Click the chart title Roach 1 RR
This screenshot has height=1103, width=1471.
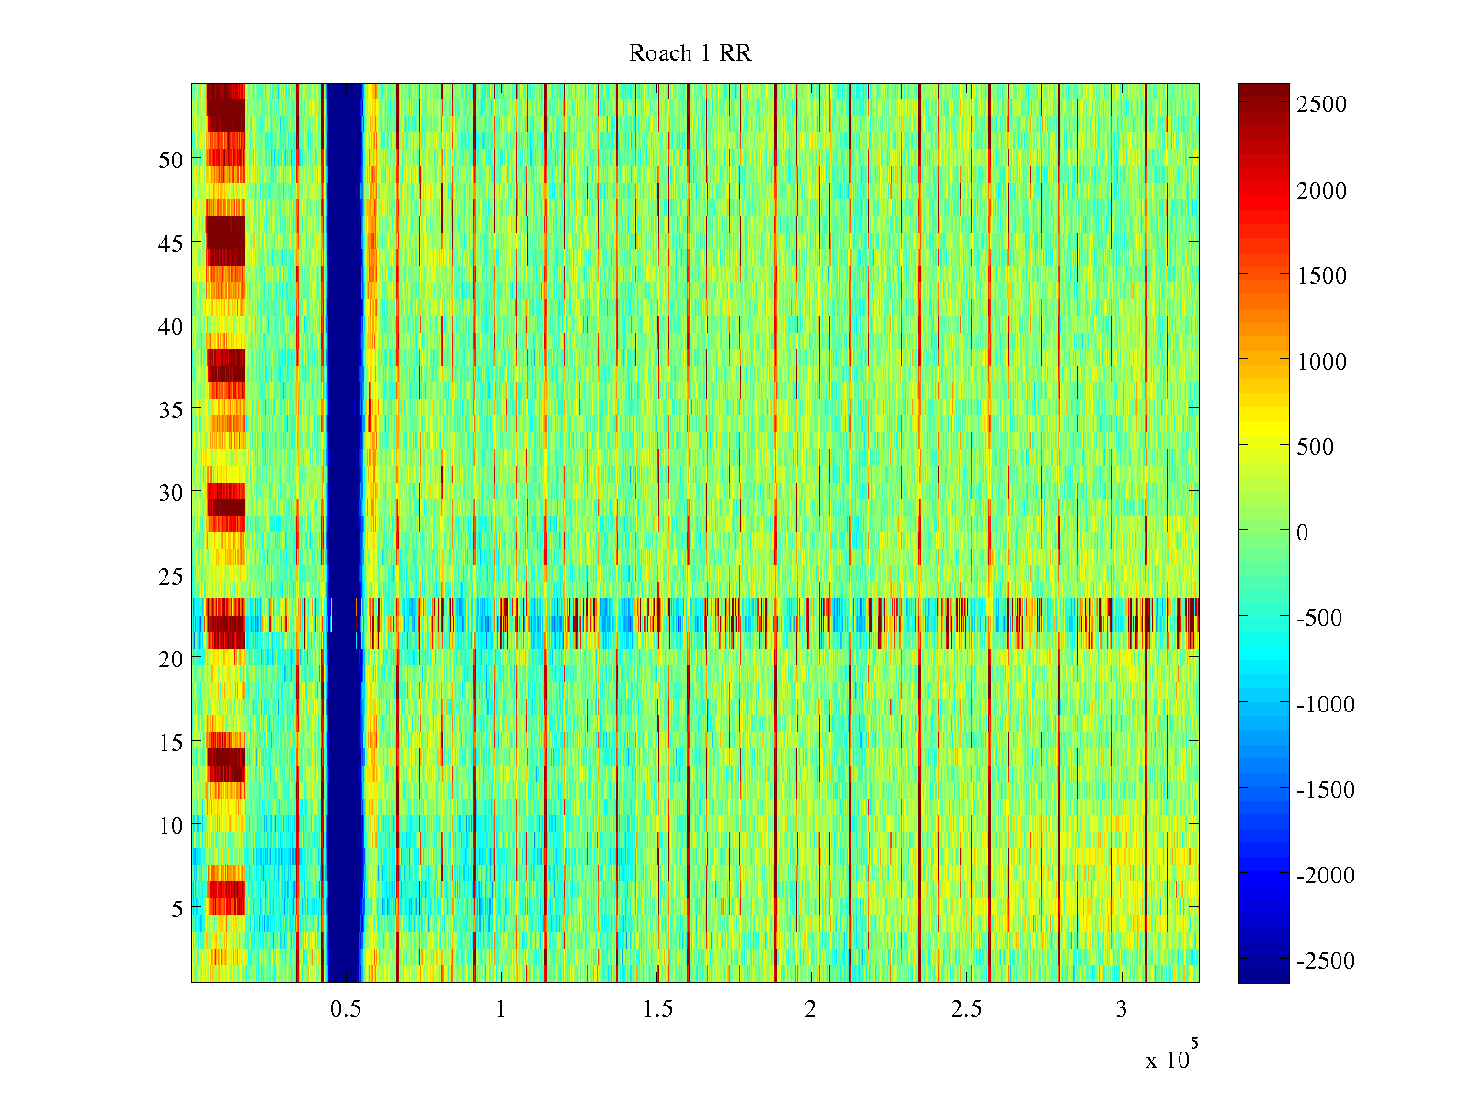click(690, 53)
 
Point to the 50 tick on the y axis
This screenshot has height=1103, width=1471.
click(171, 159)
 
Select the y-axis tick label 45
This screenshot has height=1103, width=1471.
click(171, 243)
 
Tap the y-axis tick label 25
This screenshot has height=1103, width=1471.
click(171, 575)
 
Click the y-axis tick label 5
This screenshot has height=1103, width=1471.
click(177, 908)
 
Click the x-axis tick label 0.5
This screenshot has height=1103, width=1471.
click(346, 1009)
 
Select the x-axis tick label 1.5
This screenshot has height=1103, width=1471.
click(657, 1009)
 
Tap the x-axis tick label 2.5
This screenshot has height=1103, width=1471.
click(966, 1009)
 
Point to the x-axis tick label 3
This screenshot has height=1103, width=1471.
click(1122, 1009)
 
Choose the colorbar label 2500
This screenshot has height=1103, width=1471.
click(1321, 104)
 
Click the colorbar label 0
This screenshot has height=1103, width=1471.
click(1302, 532)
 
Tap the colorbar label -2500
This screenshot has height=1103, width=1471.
click(1325, 961)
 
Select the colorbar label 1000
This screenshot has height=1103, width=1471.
click(1321, 361)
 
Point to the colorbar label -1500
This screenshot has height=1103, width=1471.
click(1325, 790)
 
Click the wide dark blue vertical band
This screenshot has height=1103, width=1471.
click(345, 533)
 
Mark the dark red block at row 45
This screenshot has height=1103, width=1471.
click(225, 240)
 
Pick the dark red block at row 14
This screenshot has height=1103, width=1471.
click(225, 764)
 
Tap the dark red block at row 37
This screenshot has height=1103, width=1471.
click(225, 366)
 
